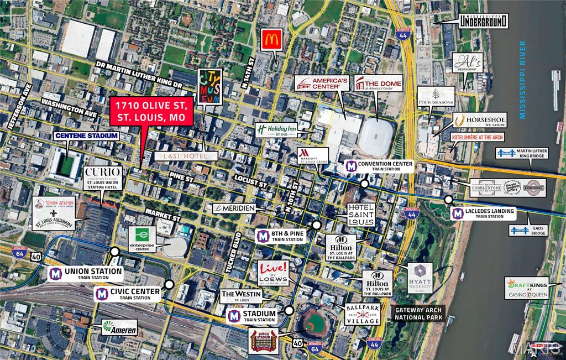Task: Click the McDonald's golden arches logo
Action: tap(271, 40)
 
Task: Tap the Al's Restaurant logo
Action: tap(468, 65)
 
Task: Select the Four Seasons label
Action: tap(436, 96)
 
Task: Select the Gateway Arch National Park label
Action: tap(418, 314)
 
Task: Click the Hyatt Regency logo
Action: tap(420, 278)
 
